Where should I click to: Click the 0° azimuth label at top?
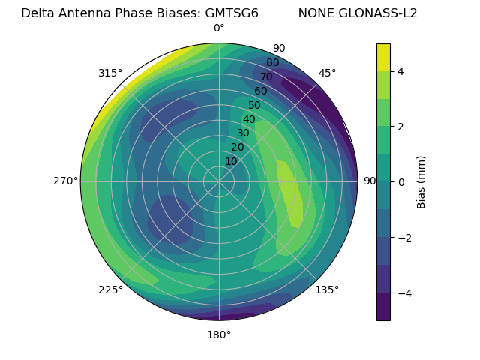219,28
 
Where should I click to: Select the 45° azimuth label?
327,73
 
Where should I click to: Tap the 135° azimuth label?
327,289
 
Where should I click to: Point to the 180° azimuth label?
219,334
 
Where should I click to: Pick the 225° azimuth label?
110,289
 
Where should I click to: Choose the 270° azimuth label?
65,181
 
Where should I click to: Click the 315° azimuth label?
110,73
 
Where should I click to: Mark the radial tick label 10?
231,161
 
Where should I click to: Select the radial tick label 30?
243,133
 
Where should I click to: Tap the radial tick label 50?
255,106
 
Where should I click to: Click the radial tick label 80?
272,63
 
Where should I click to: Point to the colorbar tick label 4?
401,71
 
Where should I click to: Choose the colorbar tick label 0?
401,182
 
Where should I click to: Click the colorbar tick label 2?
401,127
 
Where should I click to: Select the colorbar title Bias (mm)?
421,182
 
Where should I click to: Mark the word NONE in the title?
315,13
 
